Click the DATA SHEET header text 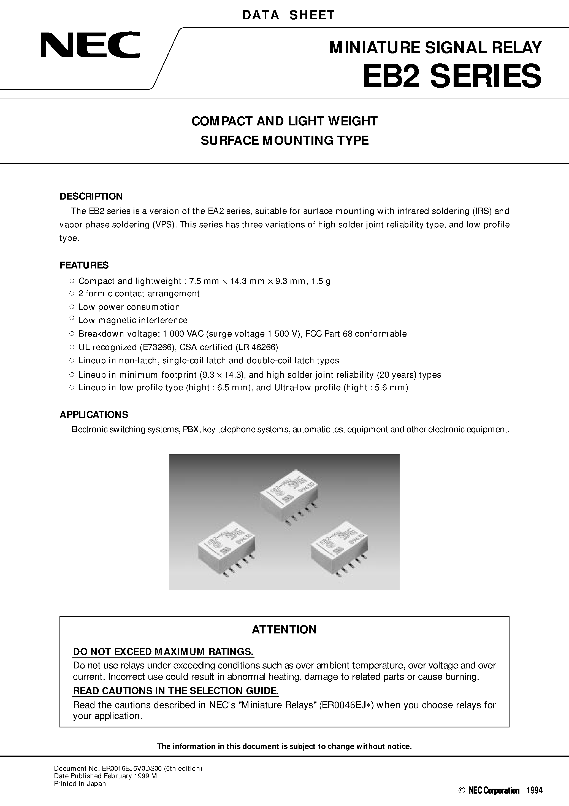pyautogui.click(x=288, y=15)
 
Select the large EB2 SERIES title pyautogui.click(x=452, y=76)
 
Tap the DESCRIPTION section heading pyautogui.click(x=91, y=196)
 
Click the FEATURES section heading pyautogui.click(x=84, y=265)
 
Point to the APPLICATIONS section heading pyautogui.click(x=94, y=415)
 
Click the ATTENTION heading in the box pyautogui.click(x=284, y=629)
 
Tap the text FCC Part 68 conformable pyautogui.click(x=356, y=334)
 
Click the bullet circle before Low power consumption pyautogui.click(x=72, y=307)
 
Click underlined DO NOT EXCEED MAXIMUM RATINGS pyautogui.click(x=163, y=652)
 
